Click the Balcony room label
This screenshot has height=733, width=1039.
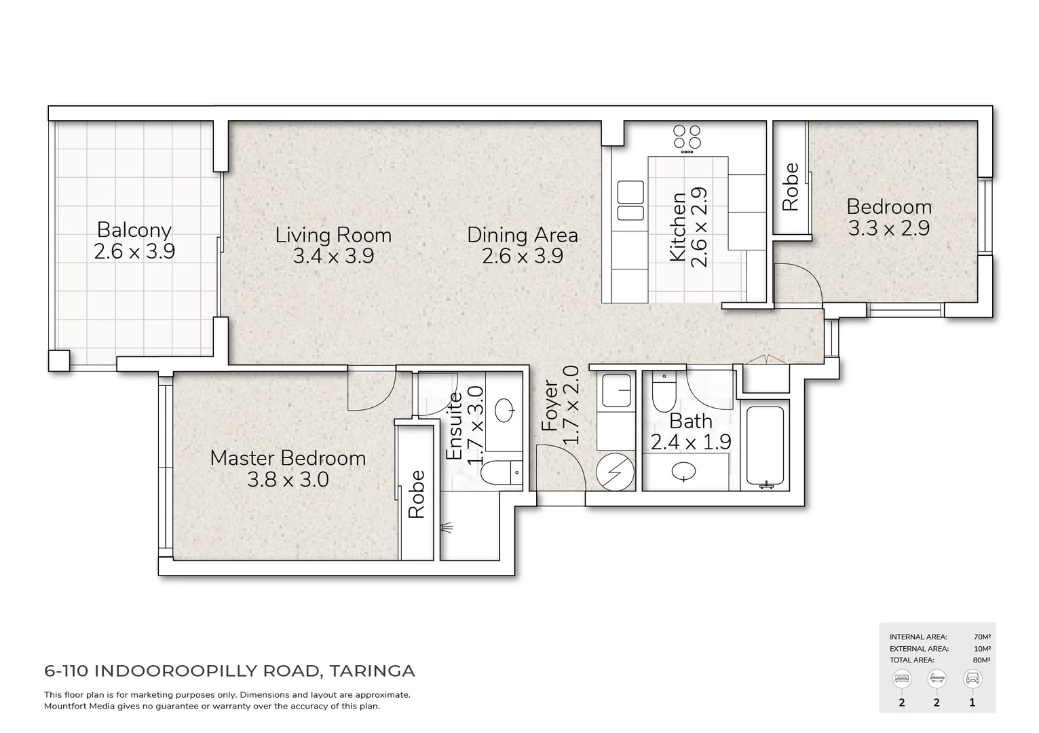pos(134,230)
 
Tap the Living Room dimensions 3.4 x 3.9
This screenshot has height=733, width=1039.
pos(333,256)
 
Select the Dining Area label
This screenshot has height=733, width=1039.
pos(523,236)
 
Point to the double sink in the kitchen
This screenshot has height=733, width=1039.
pos(630,200)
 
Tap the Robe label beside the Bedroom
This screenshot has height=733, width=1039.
pos(791,187)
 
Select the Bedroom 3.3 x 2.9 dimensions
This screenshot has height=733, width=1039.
pos(889,228)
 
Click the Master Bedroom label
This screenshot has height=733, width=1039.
pos(288,458)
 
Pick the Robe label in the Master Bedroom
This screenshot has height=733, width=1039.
pos(417,494)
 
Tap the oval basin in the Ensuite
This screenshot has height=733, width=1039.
pos(505,411)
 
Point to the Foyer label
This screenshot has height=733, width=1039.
pos(550,406)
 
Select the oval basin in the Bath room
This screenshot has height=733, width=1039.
pos(683,472)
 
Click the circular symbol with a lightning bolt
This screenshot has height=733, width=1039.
pos(615,472)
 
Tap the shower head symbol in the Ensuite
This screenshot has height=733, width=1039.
pos(447,527)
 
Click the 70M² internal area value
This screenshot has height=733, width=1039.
pos(982,637)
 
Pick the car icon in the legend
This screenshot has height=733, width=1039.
pos(972,679)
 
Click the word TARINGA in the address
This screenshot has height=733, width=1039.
pos(373,671)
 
